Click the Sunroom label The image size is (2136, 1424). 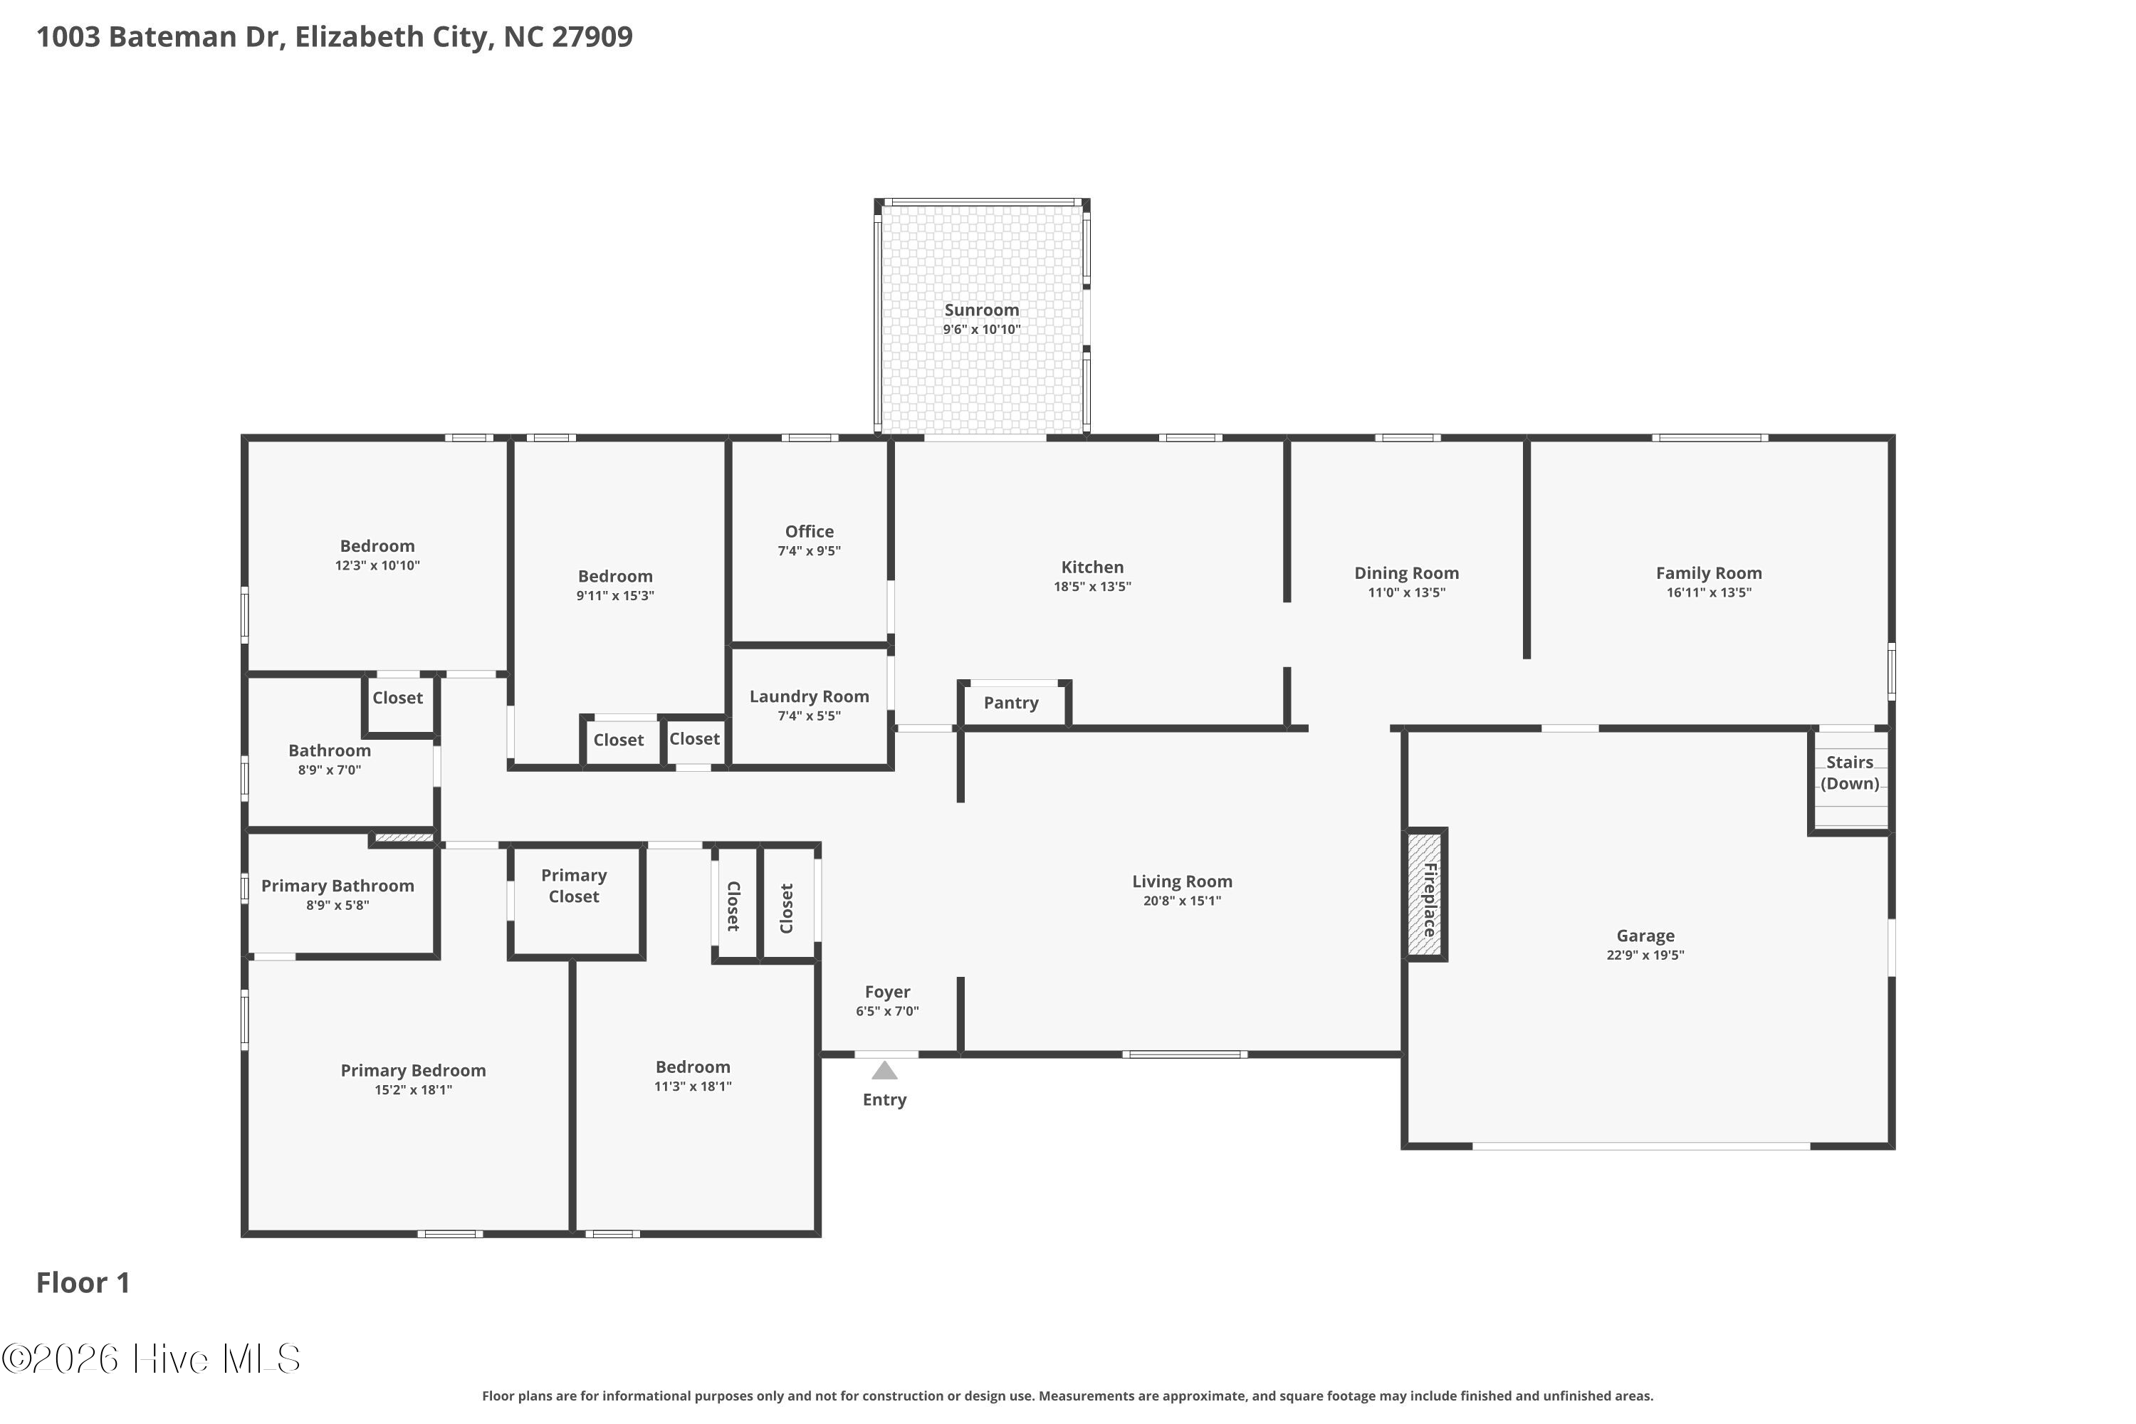pyautogui.click(x=982, y=310)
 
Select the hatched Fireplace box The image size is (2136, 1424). pyautogui.click(x=1425, y=894)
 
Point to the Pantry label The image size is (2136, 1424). pyautogui.click(x=1011, y=703)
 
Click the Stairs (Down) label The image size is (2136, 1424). pyautogui.click(x=1850, y=773)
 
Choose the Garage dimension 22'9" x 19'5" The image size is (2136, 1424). pyautogui.click(x=1645, y=955)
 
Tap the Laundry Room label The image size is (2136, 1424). pyautogui.click(x=809, y=696)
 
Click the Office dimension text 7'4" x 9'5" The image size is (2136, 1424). pyautogui.click(x=809, y=550)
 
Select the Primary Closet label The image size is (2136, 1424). pyautogui.click(x=574, y=886)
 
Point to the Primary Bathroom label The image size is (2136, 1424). pyautogui.click(x=337, y=886)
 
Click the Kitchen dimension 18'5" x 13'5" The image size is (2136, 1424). pyautogui.click(x=1092, y=587)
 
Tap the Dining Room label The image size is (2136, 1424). pyautogui.click(x=1407, y=573)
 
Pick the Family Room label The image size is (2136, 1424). pyautogui.click(x=1710, y=573)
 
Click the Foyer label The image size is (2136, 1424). pyautogui.click(x=887, y=992)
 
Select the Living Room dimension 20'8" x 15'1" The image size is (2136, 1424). pyautogui.click(x=1183, y=901)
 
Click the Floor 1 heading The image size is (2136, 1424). pyautogui.click(x=83, y=1282)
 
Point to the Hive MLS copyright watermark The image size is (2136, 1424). pyautogui.click(x=151, y=1359)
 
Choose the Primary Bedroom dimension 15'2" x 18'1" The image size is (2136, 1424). pyautogui.click(x=413, y=1090)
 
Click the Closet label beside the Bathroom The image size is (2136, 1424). pyautogui.click(x=398, y=698)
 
